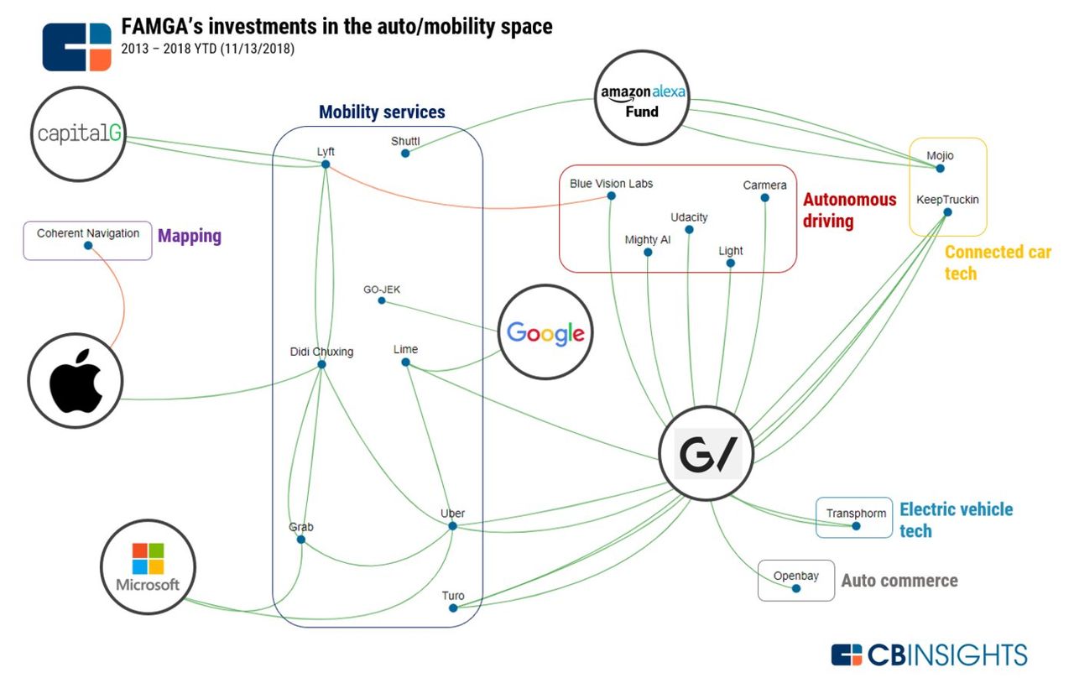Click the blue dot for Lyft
click(326, 164)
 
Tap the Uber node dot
click(452, 526)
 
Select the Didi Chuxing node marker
click(321, 364)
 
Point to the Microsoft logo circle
click(148, 566)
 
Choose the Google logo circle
click(545, 332)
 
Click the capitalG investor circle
click(78, 134)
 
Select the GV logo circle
click(706, 453)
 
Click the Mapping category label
click(190, 236)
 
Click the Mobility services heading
click(382, 112)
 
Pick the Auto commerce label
click(899, 581)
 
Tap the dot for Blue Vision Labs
click(612, 196)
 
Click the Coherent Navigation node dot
click(88, 246)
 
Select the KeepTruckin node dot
click(947, 212)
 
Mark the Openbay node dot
click(796, 588)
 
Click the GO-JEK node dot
click(382, 300)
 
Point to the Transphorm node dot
click(857, 526)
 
